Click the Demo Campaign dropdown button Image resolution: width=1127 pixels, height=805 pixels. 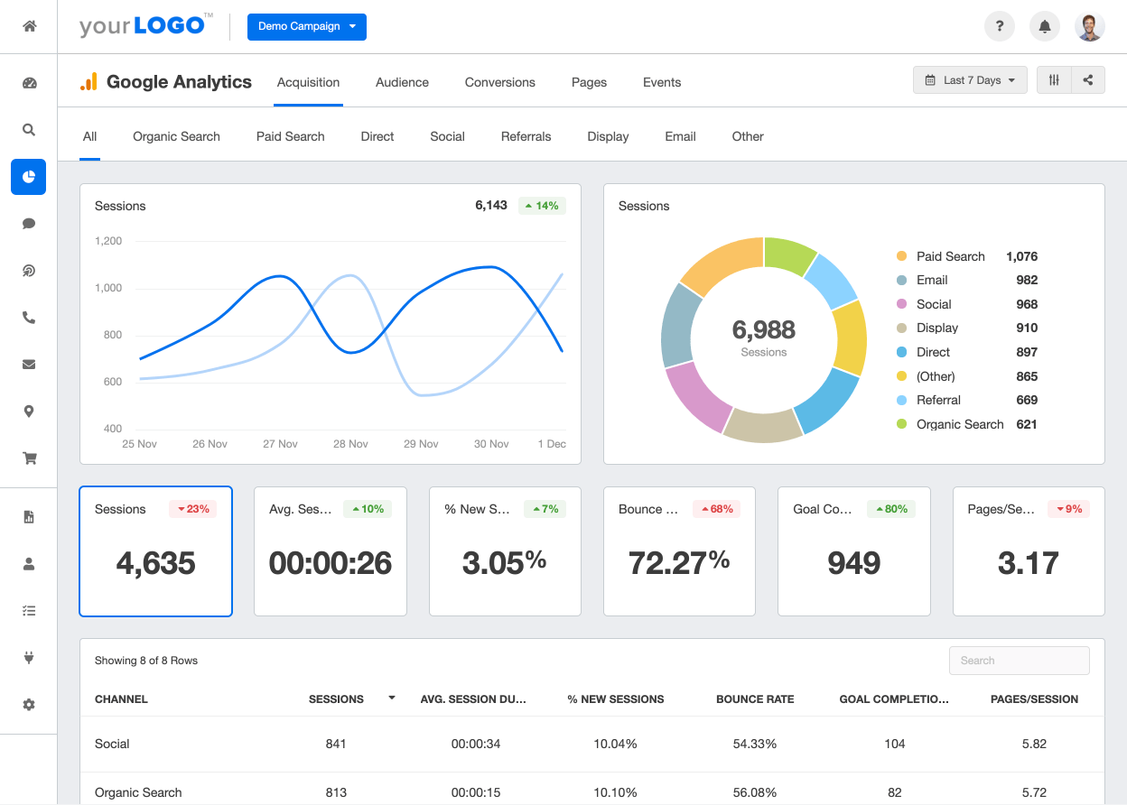[306, 26]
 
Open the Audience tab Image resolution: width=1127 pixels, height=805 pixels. [402, 82]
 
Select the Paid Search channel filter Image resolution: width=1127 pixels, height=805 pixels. [290, 136]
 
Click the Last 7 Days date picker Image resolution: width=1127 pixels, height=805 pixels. [970, 80]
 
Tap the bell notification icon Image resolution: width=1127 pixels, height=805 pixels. [1045, 26]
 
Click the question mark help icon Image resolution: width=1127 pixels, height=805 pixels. [1000, 26]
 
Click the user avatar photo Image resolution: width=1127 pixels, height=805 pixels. [1090, 26]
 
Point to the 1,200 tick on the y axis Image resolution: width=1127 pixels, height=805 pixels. [107, 241]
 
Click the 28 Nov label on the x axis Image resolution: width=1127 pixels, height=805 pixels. [350, 444]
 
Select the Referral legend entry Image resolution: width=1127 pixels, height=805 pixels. [938, 400]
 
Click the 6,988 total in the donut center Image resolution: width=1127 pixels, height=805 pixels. [763, 330]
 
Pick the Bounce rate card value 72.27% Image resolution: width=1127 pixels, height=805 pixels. [678, 563]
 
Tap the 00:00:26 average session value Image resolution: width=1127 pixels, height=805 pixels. [331, 563]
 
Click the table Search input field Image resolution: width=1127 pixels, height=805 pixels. [1019, 661]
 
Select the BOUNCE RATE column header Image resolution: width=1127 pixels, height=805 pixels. [755, 699]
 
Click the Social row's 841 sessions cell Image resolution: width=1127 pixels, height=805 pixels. [336, 744]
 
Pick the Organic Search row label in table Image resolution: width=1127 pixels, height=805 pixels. [138, 792]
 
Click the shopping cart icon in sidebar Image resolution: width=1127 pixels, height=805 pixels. [29, 458]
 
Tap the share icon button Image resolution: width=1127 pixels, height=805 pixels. [1088, 80]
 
